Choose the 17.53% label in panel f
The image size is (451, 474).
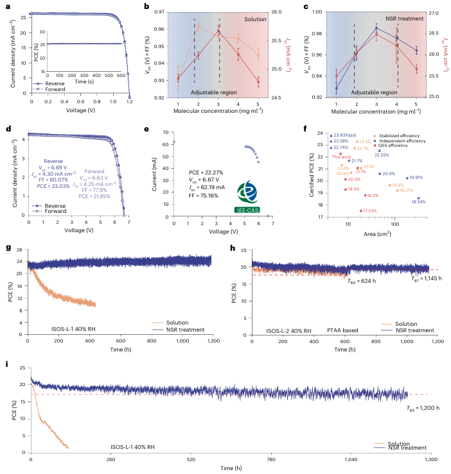click(x=370, y=210)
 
